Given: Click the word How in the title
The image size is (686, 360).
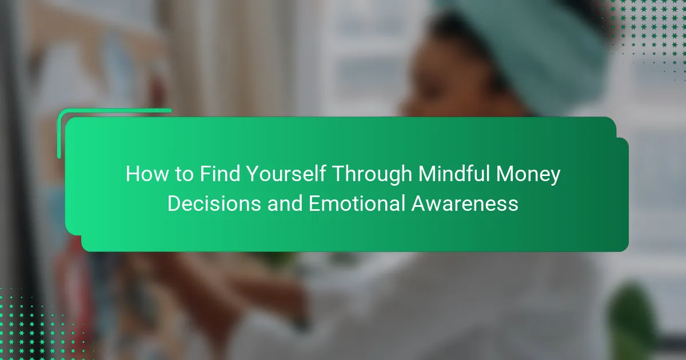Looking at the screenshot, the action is pos(147,174).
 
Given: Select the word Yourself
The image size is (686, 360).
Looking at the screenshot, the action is pos(286,174).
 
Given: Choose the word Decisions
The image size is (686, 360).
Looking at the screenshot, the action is pos(214,203).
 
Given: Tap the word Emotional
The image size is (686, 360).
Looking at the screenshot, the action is pos(357,203).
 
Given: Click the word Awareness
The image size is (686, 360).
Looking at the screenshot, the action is pos(465,203).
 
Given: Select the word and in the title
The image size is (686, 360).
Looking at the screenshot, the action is pos(285,203).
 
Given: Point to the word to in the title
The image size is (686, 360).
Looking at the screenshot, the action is pos(184,174).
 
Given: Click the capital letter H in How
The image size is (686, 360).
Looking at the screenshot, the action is pos(132,174).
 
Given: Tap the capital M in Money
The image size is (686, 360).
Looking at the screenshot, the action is pos(505,174).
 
